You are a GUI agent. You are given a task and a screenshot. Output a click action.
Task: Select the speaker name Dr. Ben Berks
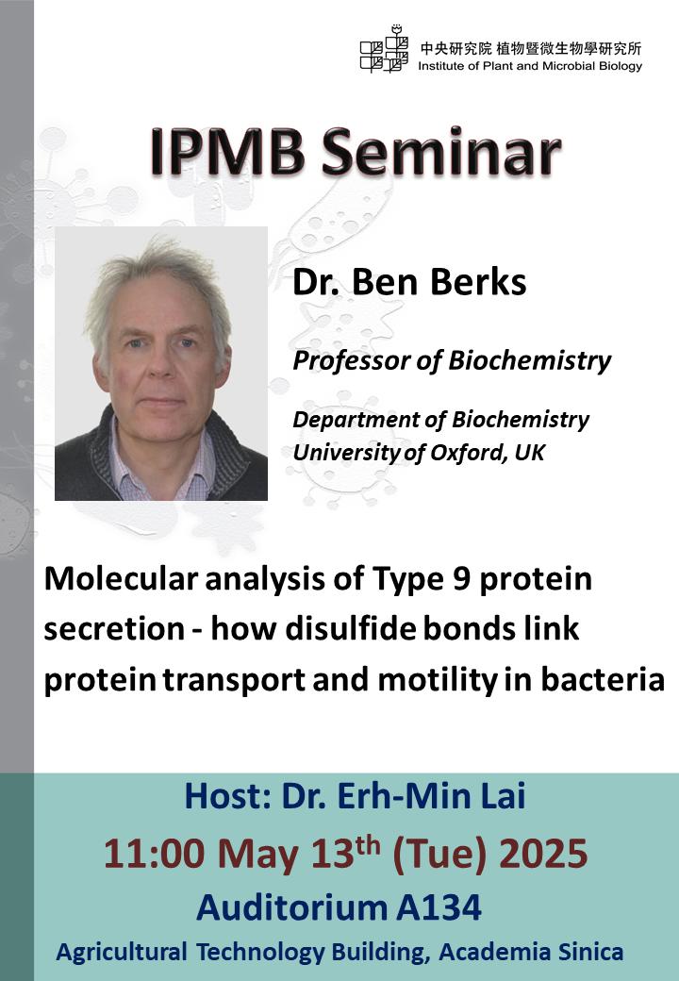[x=409, y=282]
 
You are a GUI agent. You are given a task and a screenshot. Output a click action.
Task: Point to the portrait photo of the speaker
[x=161, y=363]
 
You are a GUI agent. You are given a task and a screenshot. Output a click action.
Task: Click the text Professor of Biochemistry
[x=452, y=360]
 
